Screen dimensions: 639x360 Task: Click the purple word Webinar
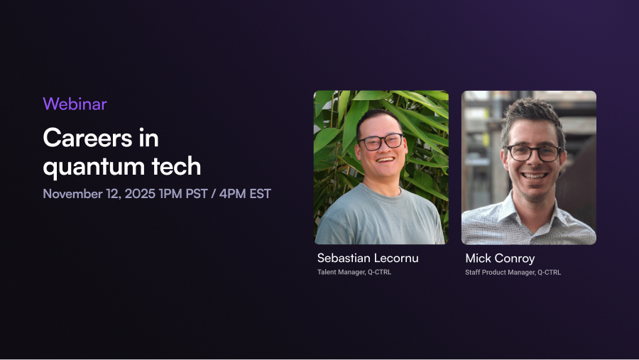coord(75,104)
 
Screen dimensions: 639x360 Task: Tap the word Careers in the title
coord(87,138)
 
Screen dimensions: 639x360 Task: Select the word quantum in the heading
coord(93,167)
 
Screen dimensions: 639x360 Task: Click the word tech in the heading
coord(176,166)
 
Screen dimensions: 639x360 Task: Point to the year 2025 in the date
coord(140,194)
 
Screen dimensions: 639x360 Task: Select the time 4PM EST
coord(245,194)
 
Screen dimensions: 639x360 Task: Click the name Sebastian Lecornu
coord(368,258)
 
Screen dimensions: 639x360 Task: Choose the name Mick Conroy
coord(500,258)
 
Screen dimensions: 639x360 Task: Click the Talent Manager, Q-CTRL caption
coord(354,272)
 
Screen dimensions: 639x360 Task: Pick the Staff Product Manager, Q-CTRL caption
coord(513,273)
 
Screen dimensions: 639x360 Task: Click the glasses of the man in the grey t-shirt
coord(381,142)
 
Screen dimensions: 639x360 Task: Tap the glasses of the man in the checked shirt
coord(534,153)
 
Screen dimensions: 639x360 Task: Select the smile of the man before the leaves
coord(385,159)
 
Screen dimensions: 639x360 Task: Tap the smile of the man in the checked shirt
coord(534,176)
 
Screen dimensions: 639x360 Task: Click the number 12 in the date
coord(114,194)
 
